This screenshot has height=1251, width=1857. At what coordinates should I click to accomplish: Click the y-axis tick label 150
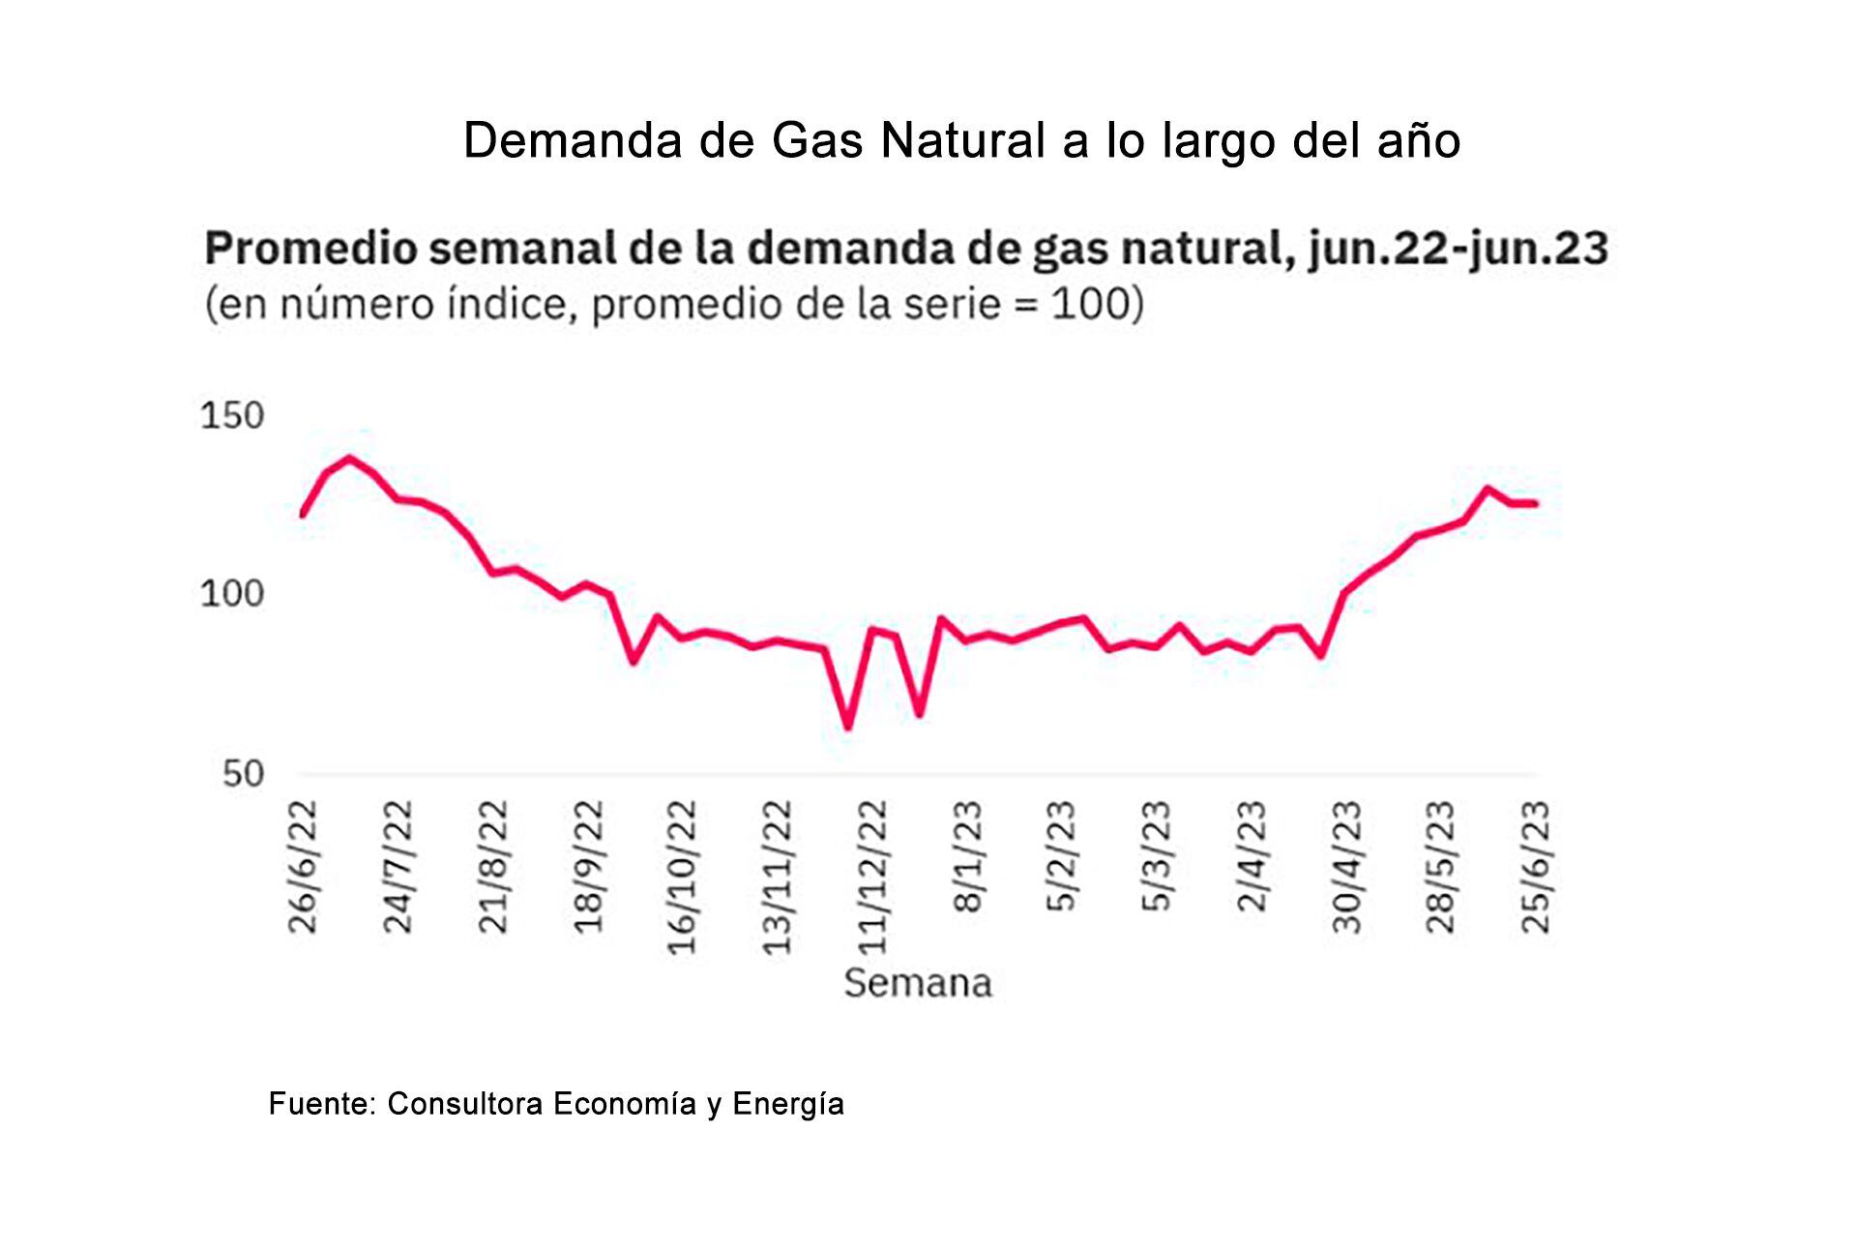232,416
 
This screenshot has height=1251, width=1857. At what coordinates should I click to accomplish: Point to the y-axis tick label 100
232,593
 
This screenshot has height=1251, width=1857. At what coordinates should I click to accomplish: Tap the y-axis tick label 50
243,774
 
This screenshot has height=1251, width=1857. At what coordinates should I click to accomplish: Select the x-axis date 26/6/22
303,867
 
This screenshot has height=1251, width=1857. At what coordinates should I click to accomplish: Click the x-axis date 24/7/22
398,867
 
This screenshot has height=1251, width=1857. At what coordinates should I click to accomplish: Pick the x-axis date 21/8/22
493,867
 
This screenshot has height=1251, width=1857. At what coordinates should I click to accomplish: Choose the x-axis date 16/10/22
683,877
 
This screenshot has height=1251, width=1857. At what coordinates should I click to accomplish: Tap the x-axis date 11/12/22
872,877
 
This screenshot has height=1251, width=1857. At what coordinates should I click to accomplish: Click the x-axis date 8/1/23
967,857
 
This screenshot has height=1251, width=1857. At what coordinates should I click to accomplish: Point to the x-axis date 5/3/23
1157,857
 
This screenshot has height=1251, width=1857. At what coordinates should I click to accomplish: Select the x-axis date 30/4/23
1346,867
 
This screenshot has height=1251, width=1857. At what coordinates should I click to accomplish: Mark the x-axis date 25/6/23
1536,867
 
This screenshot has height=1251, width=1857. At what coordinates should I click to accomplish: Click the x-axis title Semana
918,983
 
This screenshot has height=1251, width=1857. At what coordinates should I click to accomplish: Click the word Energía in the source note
788,1105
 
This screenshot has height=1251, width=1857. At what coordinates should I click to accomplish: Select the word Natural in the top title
963,140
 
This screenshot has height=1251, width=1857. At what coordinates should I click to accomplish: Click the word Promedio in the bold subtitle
311,249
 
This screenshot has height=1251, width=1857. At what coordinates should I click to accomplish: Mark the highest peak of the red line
349,458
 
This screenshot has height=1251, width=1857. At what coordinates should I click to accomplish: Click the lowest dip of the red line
848,727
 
